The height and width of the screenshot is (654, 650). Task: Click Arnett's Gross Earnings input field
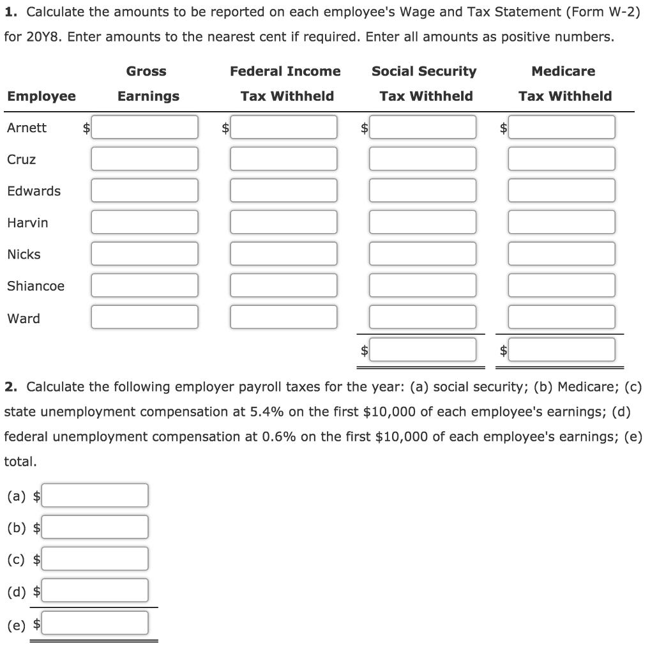click(x=144, y=127)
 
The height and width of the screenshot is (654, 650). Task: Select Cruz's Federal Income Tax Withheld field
click(x=283, y=159)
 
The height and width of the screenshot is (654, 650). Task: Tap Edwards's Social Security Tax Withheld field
click(x=423, y=190)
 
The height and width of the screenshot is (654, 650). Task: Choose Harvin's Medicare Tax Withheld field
click(x=562, y=222)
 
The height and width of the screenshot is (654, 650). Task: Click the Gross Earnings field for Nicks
click(x=144, y=254)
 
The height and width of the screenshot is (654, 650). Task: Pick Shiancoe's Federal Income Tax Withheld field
click(x=283, y=285)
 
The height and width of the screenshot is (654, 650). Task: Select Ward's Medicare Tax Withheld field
click(x=562, y=317)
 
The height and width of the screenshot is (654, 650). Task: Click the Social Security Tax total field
click(x=423, y=349)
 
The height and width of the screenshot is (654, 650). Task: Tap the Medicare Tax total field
click(x=562, y=349)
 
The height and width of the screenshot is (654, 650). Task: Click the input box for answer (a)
click(x=95, y=495)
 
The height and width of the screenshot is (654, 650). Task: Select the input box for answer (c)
click(x=95, y=559)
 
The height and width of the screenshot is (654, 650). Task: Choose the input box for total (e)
click(x=95, y=623)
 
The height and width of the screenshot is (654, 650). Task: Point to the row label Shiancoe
click(x=36, y=286)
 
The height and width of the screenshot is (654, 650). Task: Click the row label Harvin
click(x=27, y=223)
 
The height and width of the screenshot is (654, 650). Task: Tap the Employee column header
click(x=42, y=96)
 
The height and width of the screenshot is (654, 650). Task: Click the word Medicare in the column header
click(x=563, y=72)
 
